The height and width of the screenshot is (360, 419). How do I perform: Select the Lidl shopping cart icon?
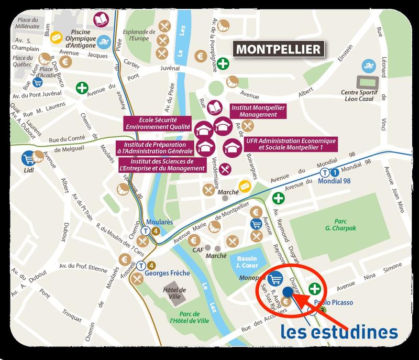coord(27,158)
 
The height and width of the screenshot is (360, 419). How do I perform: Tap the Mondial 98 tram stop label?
coord(336,181)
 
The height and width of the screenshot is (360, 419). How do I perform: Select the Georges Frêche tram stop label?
coord(162,274)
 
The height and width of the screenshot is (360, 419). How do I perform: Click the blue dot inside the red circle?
coord(287,293)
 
